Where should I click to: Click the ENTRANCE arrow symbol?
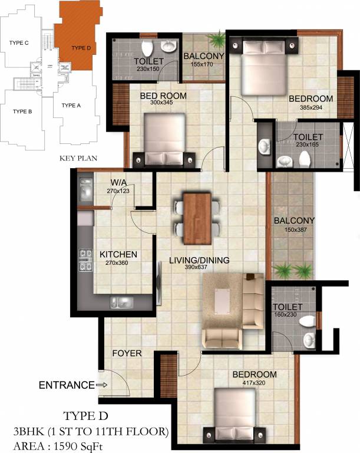(101, 385)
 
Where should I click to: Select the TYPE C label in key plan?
(19, 42)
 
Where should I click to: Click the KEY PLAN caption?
(78, 158)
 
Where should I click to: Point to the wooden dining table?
(197, 218)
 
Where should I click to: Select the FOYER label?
(127, 353)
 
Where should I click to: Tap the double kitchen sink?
(123, 303)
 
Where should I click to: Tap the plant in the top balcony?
(217, 40)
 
